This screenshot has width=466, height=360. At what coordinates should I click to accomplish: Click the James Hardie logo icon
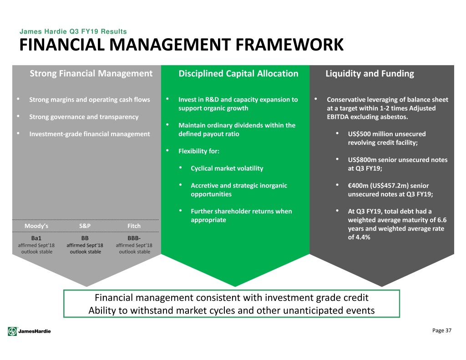click(12, 331)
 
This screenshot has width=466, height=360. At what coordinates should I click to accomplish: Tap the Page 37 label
click(441, 330)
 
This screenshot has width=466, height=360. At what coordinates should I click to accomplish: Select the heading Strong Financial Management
click(91, 73)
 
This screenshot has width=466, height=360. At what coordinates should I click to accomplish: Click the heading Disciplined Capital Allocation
click(238, 73)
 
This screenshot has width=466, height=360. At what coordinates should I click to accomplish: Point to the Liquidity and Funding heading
click(370, 73)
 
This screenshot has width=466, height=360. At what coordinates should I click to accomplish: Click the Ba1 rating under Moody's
click(36, 238)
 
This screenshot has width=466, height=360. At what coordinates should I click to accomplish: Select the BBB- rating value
click(134, 238)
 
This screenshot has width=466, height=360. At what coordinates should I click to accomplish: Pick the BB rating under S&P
click(85, 238)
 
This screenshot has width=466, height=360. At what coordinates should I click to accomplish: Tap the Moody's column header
click(36, 226)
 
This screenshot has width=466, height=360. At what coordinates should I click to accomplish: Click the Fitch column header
click(134, 226)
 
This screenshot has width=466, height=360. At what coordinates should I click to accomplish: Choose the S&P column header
click(85, 226)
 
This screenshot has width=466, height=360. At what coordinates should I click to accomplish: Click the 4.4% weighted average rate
click(363, 237)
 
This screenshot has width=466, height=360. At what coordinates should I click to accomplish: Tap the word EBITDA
click(338, 117)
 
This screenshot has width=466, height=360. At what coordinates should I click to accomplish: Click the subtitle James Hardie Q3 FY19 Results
click(73, 31)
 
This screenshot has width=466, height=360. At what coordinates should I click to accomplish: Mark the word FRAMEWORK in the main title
click(289, 45)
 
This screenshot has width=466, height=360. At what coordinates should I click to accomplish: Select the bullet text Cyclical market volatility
click(227, 168)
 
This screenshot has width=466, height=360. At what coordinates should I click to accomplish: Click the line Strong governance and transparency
click(84, 117)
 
